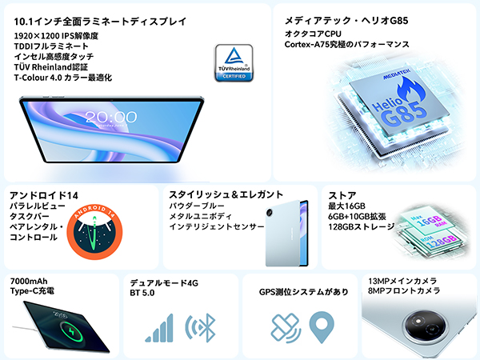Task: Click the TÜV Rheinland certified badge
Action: [234, 62]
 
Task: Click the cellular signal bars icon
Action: [160, 328]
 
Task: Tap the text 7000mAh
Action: [30, 282]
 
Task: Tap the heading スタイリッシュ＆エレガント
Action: [226, 194]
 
